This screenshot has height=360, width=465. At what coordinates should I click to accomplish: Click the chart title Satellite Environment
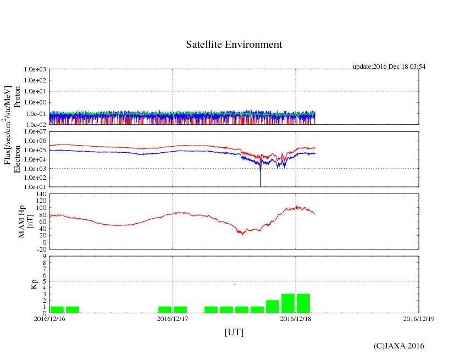pos(234,45)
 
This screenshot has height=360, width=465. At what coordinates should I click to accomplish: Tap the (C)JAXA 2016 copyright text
pos(398,346)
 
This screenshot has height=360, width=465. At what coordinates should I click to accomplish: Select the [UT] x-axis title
pos(234,332)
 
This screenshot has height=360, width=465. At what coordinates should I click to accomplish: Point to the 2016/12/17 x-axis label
pos(173,318)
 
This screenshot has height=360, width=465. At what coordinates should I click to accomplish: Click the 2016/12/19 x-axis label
pos(419,318)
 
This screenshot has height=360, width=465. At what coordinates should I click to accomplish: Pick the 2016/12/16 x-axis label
pos(49,318)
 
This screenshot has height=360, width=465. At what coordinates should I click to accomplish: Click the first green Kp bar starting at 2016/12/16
pos(57,309)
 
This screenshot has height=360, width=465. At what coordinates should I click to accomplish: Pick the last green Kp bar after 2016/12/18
pos(303,303)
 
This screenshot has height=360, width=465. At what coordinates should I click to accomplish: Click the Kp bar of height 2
pos(273,307)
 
